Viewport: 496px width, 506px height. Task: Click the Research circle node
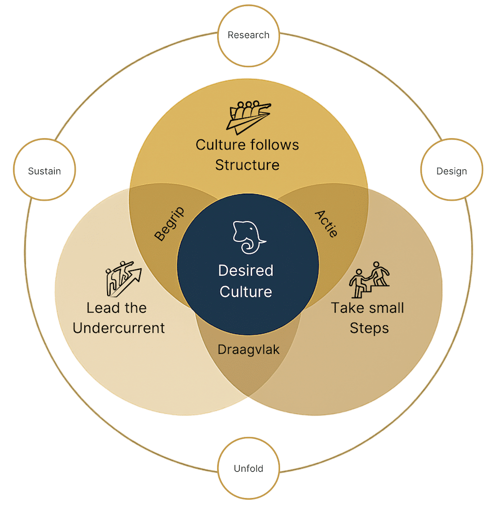(248, 35)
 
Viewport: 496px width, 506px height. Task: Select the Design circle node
(451, 171)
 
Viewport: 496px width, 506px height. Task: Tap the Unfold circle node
(248, 468)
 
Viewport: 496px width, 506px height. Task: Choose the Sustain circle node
(44, 171)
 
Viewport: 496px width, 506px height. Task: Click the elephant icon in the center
(248, 237)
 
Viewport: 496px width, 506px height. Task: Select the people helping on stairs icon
(370, 275)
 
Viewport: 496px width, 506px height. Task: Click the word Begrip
(169, 224)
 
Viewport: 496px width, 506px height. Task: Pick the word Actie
(326, 223)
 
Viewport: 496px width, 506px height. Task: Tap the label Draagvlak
(248, 350)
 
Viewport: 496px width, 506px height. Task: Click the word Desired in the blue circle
(246, 271)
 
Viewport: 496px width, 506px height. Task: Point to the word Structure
(247, 164)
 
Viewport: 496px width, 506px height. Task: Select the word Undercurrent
(119, 328)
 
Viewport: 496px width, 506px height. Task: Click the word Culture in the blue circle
(246, 292)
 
